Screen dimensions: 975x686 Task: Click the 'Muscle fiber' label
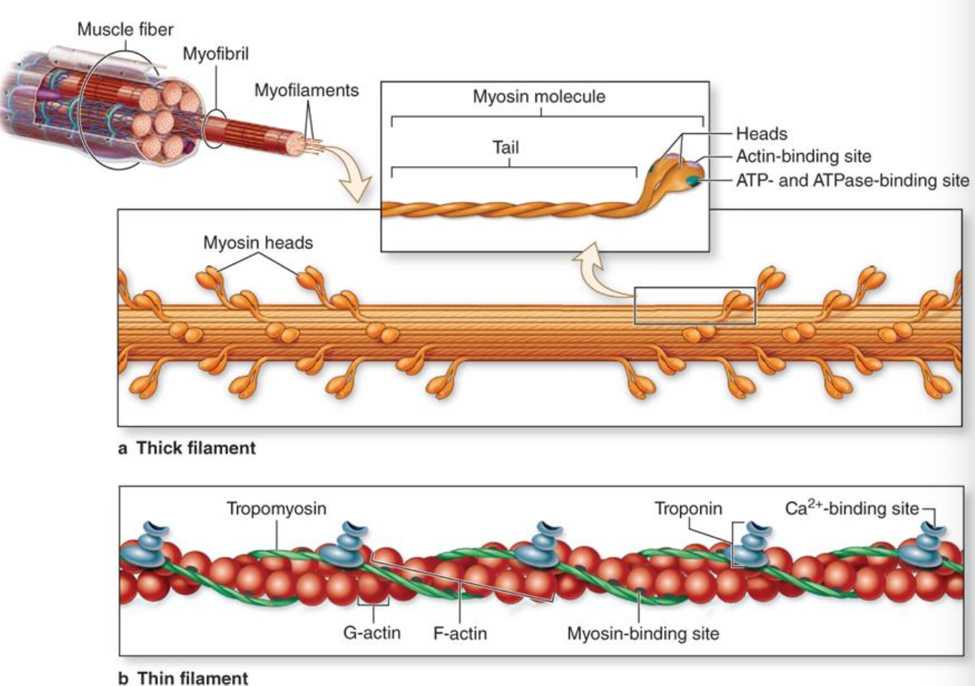pyautogui.click(x=125, y=29)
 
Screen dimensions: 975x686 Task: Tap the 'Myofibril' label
pyautogui.click(x=215, y=54)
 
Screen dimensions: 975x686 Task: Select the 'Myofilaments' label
pyautogui.click(x=306, y=90)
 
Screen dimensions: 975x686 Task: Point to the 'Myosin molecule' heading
pyautogui.click(x=539, y=97)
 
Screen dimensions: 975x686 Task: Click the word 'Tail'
pyautogui.click(x=506, y=148)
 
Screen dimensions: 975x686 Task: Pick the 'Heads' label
pyautogui.click(x=762, y=134)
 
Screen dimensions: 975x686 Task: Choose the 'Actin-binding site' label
pyautogui.click(x=804, y=156)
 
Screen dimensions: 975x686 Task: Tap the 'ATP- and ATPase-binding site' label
pyautogui.click(x=853, y=180)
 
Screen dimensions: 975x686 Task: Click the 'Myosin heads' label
pyautogui.click(x=258, y=243)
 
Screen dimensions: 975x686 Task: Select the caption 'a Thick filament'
pyautogui.click(x=187, y=448)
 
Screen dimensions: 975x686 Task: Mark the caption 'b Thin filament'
pyautogui.click(x=183, y=677)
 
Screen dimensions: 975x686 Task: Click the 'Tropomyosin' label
pyautogui.click(x=276, y=508)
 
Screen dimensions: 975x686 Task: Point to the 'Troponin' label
pyautogui.click(x=689, y=508)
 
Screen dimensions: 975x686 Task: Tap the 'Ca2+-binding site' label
pyautogui.click(x=852, y=508)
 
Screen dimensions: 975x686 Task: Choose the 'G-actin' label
pyautogui.click(x=372, y=633)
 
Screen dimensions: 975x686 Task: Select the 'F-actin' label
pyautogui.click(x=460, y=633)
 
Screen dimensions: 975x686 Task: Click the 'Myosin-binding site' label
pyautogui.click(x=644, y=633)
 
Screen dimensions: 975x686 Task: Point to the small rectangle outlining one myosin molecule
pyautogui.click(x=694, y=288)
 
